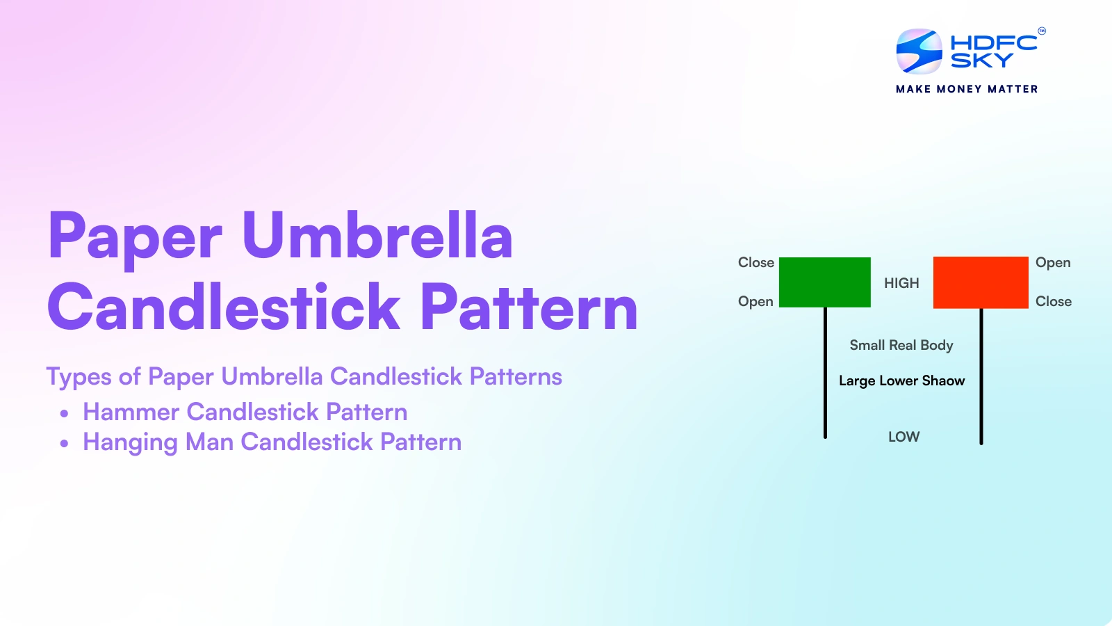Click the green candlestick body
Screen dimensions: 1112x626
(x=824, y=282)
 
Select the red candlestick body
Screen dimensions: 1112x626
(x=981, y=282)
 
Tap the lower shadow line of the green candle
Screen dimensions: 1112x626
(x=825, y=373)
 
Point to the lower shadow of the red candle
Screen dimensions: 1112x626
(x=981, y=376)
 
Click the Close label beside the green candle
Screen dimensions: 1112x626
(x=755, y=262)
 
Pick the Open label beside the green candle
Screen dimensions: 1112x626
(x=755, y=302)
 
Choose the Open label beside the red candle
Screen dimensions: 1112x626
(x=1052, y=263)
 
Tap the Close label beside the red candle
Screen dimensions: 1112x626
(x=1054, y=302)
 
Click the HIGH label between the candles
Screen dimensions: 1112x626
(x=901, y=283)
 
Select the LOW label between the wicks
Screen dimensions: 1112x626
(x=903, y=437)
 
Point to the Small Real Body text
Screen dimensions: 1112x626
(x=901, y=345)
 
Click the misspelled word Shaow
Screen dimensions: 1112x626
(x=943, y=380)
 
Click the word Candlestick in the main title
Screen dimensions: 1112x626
(x=223, y=306)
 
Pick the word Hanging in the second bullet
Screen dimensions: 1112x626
(x=130, y=442)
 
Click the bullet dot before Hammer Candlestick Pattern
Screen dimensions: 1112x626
(x=64, y=413)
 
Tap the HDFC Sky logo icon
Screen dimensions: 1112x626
(x=919, y=51)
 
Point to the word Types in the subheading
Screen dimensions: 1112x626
(x=79, y=376)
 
